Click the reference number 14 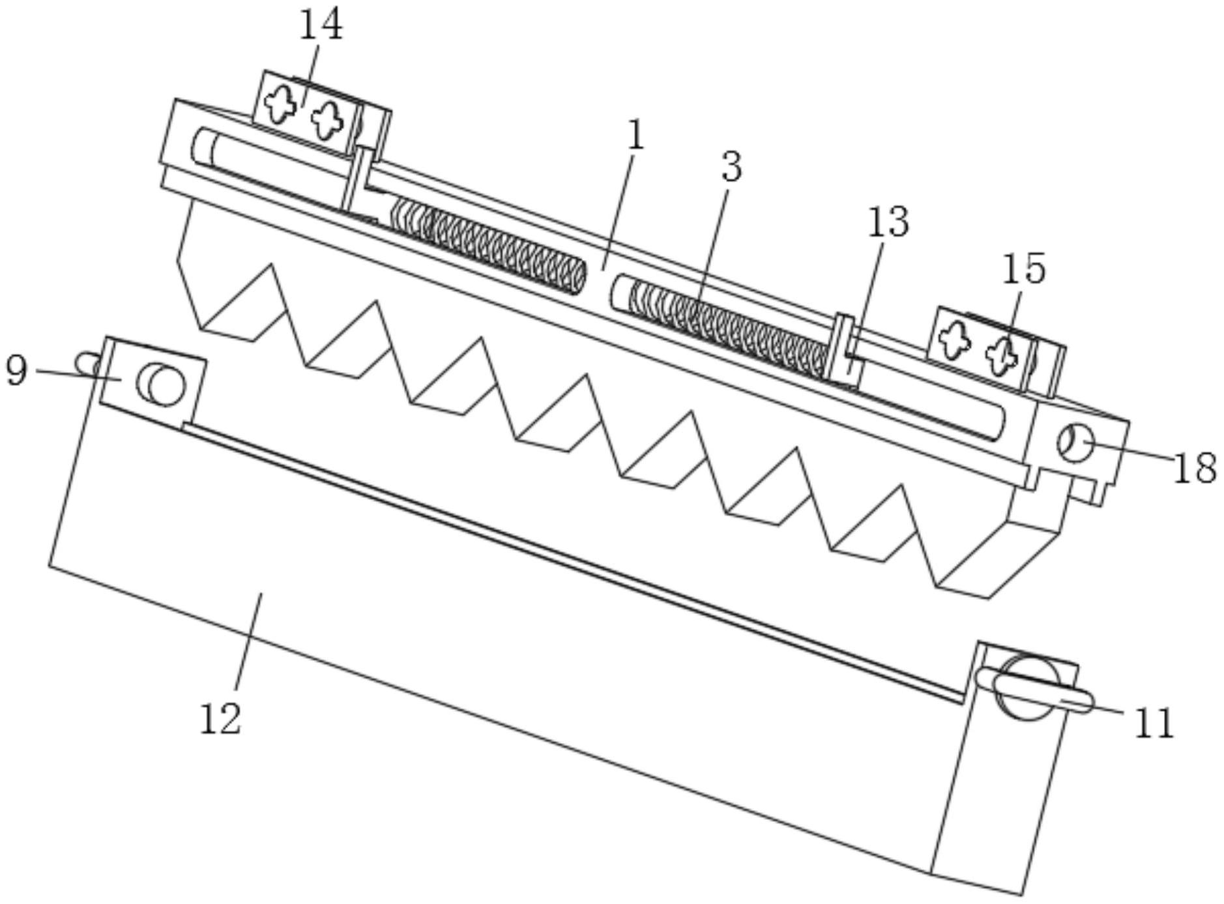(x=321, y=25)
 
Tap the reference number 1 (x=635, y=136)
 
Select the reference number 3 (x=732, y=167)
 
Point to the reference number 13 (x=888, y=222)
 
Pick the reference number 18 (x=1195, y=467)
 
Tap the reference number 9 (x=16, y=370)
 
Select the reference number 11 (x=1154, y=723)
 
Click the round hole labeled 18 (x=1074, y=443)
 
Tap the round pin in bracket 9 (x=160, y=384)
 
